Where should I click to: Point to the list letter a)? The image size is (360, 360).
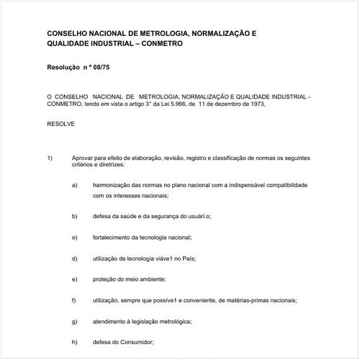(x=75, y=185)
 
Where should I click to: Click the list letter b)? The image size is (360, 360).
(x=75, y=216)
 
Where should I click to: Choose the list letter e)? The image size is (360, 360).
(x=75, y=279)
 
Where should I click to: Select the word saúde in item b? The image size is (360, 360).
(x=131, y=216)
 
